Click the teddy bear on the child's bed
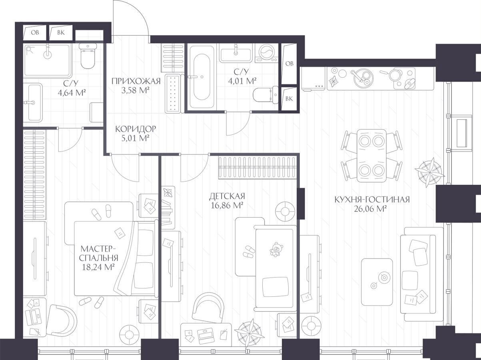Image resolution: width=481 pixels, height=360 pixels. (x=276, y=249)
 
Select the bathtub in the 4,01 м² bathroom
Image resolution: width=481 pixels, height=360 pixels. (x=202, y=77)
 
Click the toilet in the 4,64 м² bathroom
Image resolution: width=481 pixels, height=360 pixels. (x=88, y=56)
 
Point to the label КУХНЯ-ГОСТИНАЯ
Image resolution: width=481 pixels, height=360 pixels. (x=372, y=200)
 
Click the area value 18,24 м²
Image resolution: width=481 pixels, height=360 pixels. (x=98, y=267)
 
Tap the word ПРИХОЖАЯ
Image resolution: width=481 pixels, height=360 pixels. (x=136, y=81)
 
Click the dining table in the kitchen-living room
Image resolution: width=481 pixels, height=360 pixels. (x=372, y=156)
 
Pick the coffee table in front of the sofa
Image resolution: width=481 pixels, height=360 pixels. (x=377, y=282)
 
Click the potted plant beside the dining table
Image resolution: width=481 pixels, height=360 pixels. (x=430, y=172)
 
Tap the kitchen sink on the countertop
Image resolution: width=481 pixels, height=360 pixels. (x=362, y=78)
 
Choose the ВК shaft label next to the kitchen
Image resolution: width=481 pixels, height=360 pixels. (x=289, y=99)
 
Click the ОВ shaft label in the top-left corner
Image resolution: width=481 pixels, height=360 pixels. (x=35, y=32)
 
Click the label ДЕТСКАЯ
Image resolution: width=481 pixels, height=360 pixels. (x=227, y=196)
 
